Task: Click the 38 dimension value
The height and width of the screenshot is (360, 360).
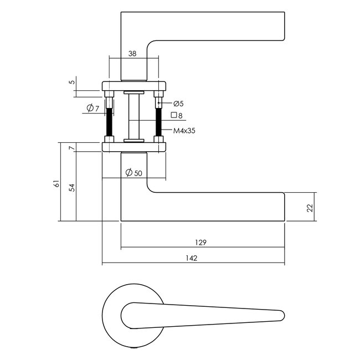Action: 132,54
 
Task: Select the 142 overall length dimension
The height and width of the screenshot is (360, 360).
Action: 192,258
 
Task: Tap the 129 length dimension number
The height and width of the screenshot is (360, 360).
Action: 200,243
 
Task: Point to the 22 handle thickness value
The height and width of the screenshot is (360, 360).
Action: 310,208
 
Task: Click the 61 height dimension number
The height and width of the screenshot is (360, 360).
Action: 56,184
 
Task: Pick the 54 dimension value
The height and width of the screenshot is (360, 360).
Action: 72,188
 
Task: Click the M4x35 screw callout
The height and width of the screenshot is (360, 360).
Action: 184,131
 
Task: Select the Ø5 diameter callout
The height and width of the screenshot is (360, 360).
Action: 178,104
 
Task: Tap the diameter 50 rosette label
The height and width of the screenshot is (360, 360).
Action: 134,172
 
